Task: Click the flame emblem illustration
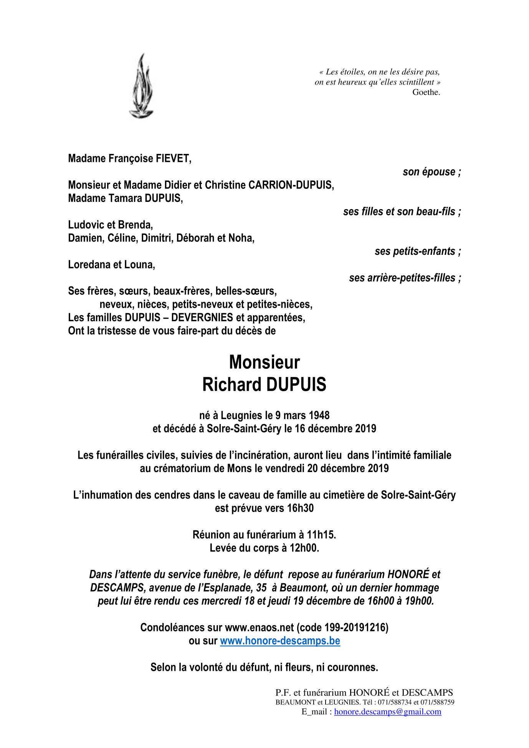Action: [x=141, y=86]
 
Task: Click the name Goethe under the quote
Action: [x=426, y=92]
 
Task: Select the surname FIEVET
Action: [x=173, y=159]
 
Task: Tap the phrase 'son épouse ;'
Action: [x=431, y=172]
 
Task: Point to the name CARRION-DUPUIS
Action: [x=291, y=185]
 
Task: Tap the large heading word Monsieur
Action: [x=264, y=362]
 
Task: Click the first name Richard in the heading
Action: [x=231, y=385]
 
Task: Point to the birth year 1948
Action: [x=319, y=416]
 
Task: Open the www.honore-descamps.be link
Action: [x=280, y=641]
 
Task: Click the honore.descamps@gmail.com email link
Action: [x=387, y=712]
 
